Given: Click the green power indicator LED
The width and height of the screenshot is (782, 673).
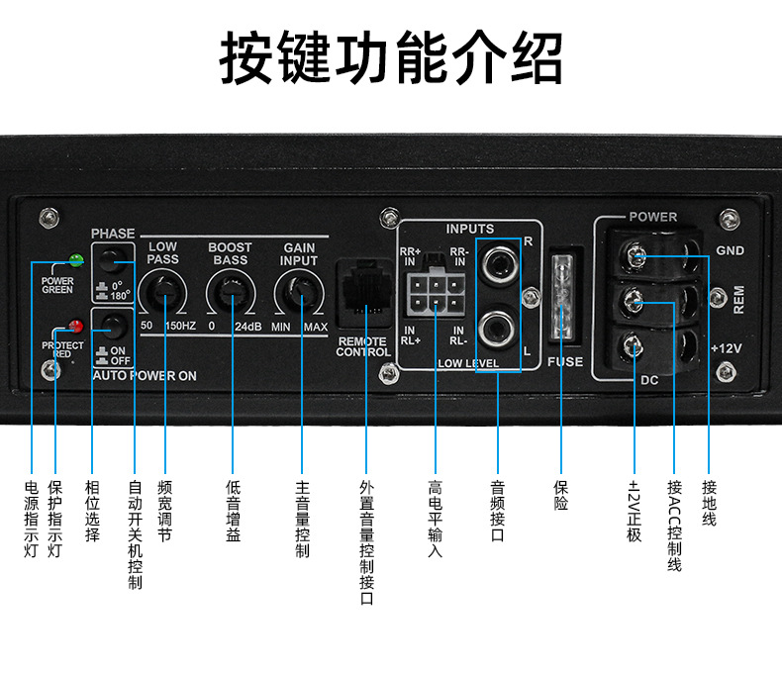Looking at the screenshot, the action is pyautogui.click(x=74, y=262).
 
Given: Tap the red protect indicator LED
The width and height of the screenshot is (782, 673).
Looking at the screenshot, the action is pyautogui.click(x=74, y=325).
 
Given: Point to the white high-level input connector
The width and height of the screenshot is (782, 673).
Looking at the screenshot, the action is pyautogui.click(x=433, y=294).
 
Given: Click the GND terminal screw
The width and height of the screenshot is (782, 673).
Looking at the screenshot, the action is pyautogui.click(x=637, y=259).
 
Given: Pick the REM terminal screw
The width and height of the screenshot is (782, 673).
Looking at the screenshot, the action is pyautogui.click(x=637, y=299).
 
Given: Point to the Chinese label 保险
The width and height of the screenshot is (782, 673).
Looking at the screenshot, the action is pyautogui.click(x=561, y=495).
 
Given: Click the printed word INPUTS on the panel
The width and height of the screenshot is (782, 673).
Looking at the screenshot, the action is pyautogui.click(x=469, y=229).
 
